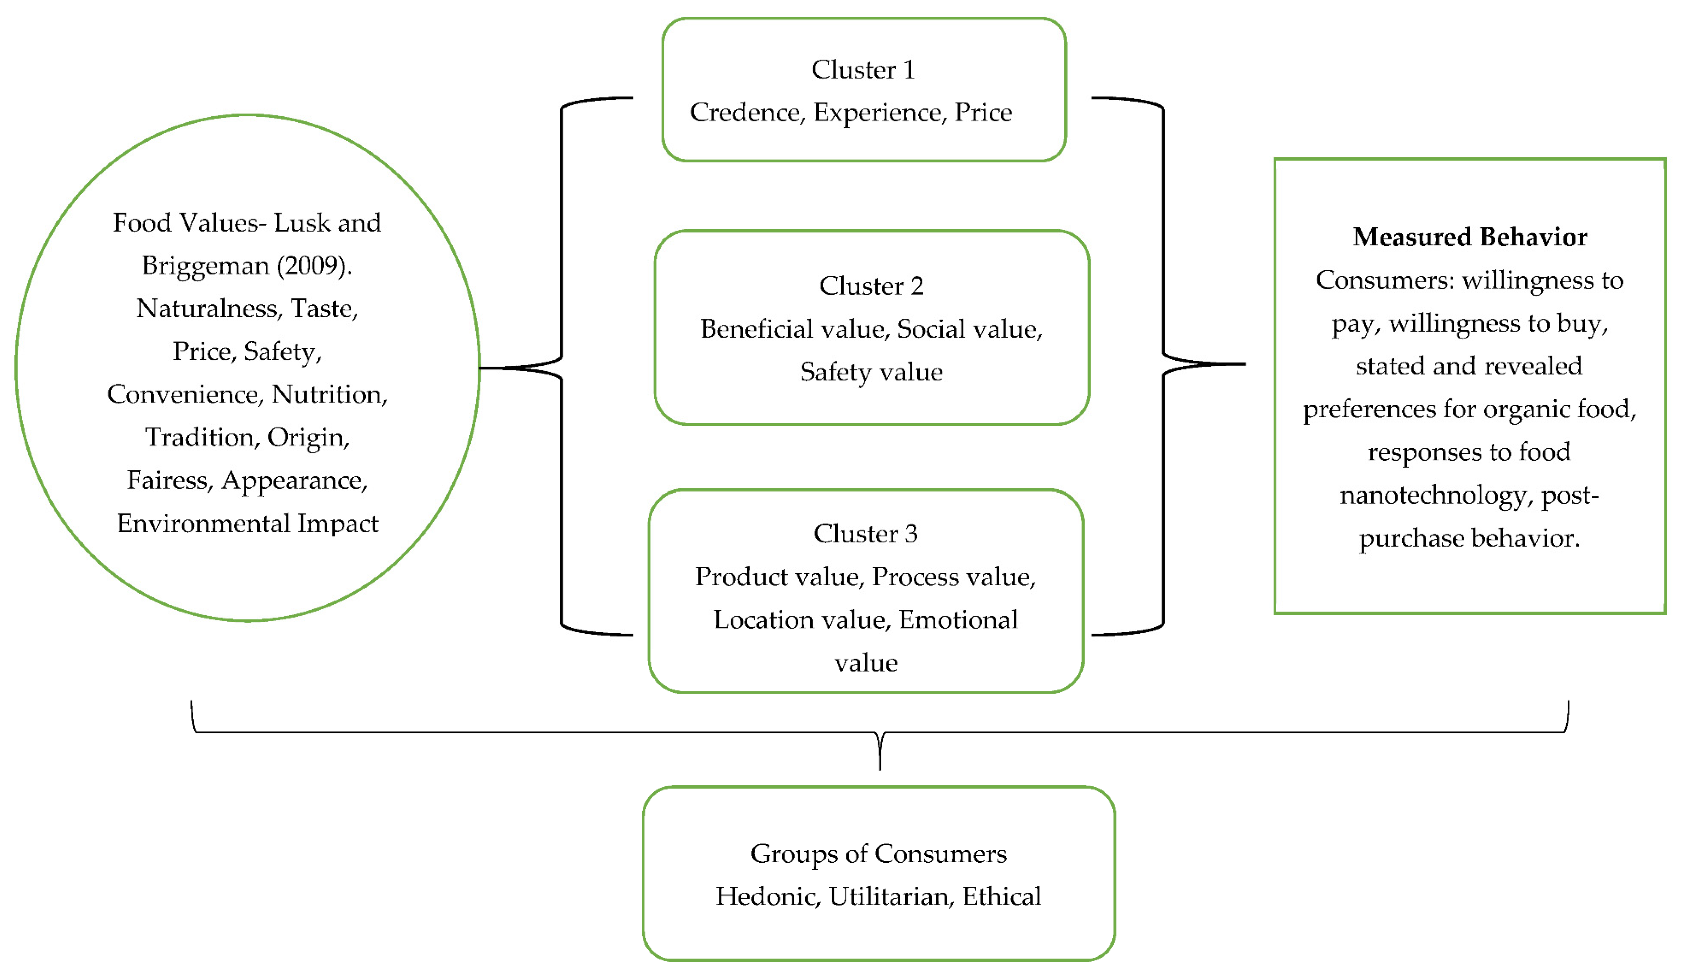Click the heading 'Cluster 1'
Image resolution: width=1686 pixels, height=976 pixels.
(x=863, y=69)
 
